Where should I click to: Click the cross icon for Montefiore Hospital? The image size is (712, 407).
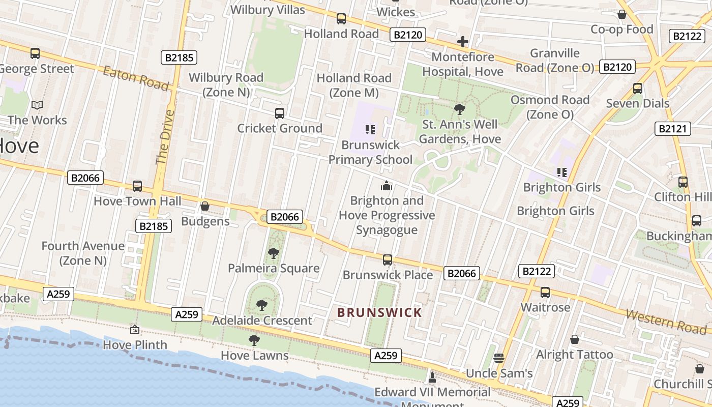click(x=462, y=42)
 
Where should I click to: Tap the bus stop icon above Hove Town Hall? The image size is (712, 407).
click(x=137, y=186)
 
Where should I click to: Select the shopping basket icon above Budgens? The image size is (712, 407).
click(x=204, y=206)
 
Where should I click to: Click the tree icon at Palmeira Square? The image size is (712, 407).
click(x=273, y=253)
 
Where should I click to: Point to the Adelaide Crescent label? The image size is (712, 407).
click(x=262, y=321)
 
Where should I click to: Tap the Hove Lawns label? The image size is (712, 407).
click(x=255, y=355)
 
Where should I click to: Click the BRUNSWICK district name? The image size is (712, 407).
click(x=380, y=312)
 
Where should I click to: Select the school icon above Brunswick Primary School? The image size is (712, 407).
click(x=370, y=130)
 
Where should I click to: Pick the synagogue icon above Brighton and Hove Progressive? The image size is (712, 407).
click(x=387, y=186)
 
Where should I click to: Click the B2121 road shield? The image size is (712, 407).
click(x=672, y=128)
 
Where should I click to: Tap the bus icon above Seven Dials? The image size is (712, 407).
click(x=637, y=89)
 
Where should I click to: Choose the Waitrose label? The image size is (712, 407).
click(x=545, y=307)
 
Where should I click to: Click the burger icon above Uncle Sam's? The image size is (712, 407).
click(x=498, y=358)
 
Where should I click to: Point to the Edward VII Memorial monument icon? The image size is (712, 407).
click(x=432, y=377)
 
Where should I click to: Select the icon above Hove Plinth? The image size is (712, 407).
click(x=134, y=330)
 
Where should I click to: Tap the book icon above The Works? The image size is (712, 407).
click(x=37, y=105)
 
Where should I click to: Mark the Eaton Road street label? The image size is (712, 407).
click(x=135, y=78)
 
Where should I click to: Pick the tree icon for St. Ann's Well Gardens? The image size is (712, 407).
click(x=460, y=109)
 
